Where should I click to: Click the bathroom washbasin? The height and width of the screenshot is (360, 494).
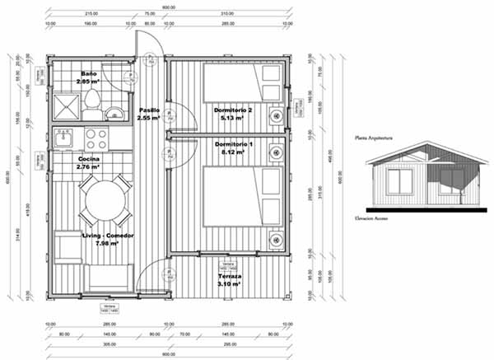pos(116,110)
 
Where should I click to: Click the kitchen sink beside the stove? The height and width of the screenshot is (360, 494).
pos(64,137)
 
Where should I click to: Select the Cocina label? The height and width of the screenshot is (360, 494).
pos(89,158)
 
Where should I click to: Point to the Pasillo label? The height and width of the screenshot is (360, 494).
pos(149,110)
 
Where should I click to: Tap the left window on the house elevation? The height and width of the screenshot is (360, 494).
pos(400,182)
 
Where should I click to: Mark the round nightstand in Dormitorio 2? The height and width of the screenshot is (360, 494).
pos(272,73)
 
